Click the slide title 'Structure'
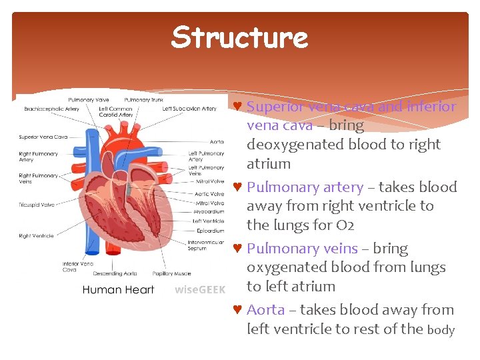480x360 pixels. (239, 37)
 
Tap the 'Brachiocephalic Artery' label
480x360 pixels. (52, 109)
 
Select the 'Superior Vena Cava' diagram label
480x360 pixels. (43, 137)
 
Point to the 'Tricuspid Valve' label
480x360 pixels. (37, 205)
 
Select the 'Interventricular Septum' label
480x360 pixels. (206, 245)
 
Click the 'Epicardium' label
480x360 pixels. (207, 231)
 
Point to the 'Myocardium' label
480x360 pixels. (208, 212)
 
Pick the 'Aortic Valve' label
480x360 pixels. (208, 194)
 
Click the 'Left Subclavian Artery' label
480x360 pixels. (189, 109)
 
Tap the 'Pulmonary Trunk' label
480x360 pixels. (143, 100)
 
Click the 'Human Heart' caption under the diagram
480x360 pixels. (118, 289)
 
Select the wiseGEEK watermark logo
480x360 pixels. (200, 289)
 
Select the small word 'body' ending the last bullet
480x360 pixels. (441, 329)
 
